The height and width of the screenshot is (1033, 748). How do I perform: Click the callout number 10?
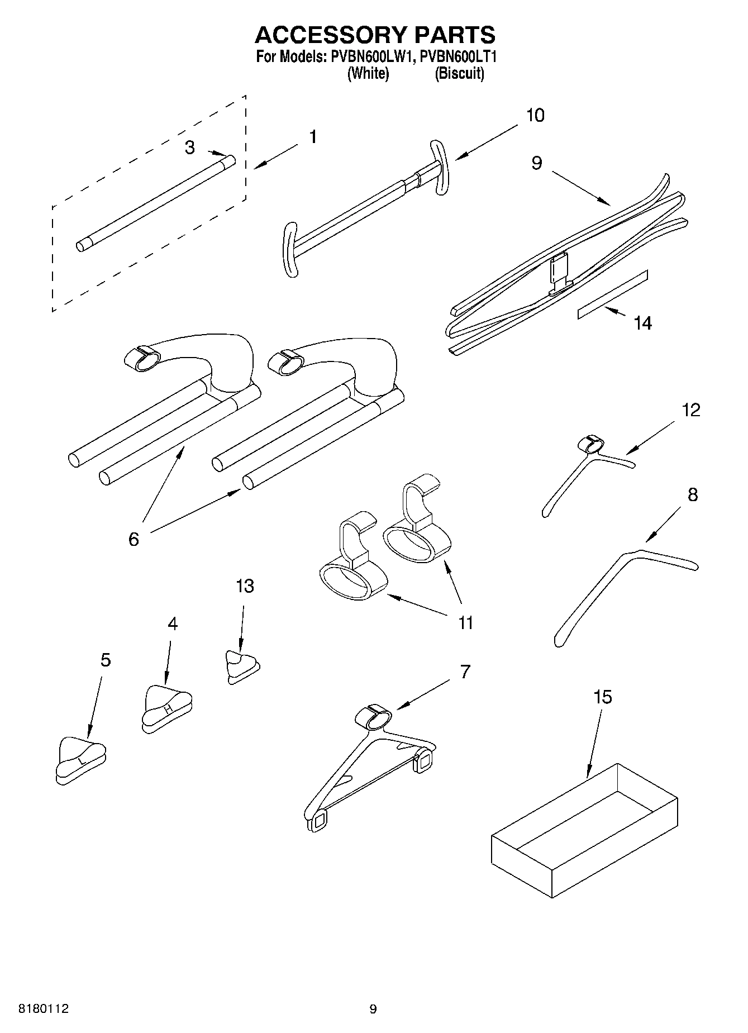click(535, 116)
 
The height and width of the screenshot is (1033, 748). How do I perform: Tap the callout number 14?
click(642, 323)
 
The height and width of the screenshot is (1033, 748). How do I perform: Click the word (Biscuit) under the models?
click(459, 73)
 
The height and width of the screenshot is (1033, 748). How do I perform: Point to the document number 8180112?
click(44, 1009)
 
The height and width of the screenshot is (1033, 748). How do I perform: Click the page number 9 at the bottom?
click(373, 1009)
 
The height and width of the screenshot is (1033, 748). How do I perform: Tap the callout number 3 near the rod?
click(190, 147)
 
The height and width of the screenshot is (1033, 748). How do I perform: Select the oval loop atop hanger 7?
click(373, 716)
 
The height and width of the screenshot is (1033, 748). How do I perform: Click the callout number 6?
click(134, 539)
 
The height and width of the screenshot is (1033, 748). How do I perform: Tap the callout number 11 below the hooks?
click(465, 622)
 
